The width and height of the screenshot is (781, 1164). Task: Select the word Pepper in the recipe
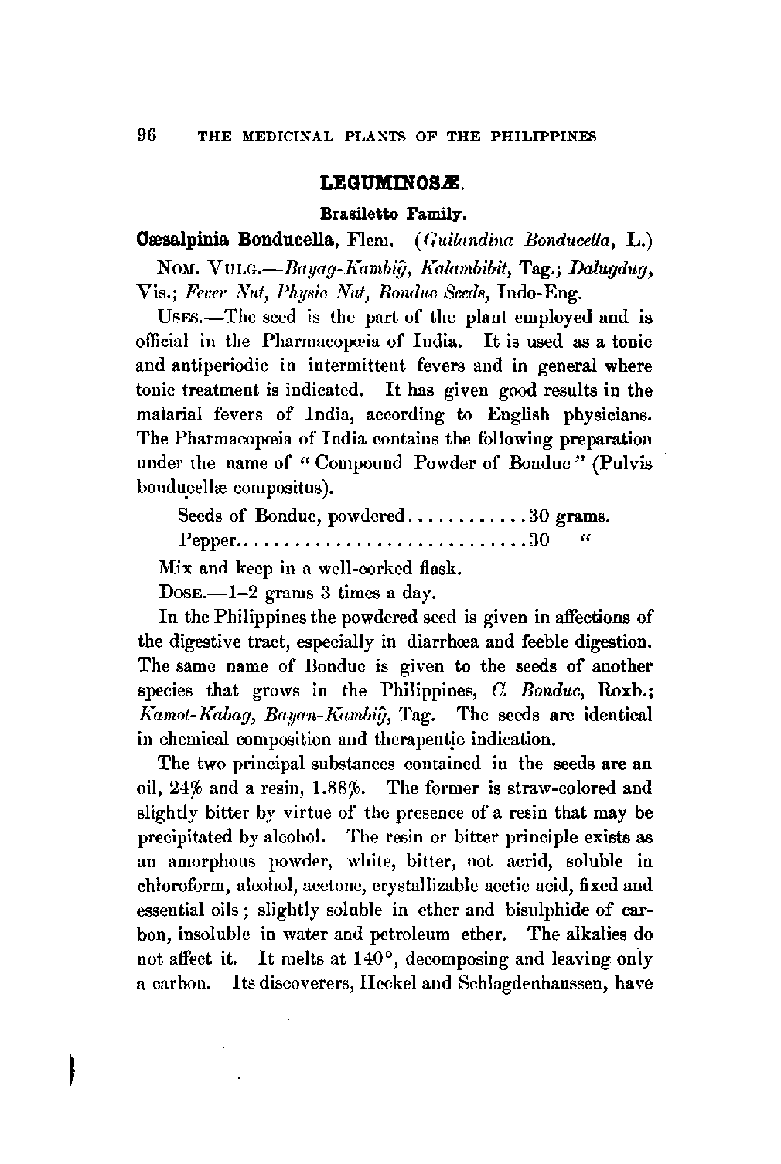[208, 539]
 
